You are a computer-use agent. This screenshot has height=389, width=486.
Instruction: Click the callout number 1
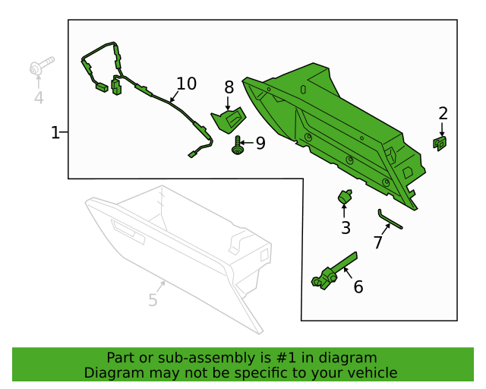coord(55,133)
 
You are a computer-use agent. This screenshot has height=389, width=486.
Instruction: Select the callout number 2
coord(443,113)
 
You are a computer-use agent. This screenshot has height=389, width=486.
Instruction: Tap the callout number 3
coord(346,227)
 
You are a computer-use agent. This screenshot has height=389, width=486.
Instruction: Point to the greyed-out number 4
coord(38,97)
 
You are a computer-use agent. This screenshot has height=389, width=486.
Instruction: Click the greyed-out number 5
coord(153,300)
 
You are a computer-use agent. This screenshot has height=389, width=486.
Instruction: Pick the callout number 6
coord(358,286)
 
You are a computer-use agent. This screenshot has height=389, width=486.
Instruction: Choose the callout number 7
coord(377,242)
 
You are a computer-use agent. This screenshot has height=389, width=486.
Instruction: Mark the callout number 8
coord(229,87)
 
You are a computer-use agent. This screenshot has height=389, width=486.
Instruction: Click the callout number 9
coord(260,143)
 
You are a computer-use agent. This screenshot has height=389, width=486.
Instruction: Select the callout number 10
coord(186,84)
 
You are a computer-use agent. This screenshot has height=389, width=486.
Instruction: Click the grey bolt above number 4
coord(42,65)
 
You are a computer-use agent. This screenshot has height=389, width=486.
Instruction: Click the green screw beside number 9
coord(238,144)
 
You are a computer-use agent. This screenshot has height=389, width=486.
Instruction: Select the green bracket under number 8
coord(229,120)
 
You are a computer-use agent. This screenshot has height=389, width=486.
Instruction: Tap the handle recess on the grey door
coord(128,232)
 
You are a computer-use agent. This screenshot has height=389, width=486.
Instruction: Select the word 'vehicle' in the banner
coord(371,373)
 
